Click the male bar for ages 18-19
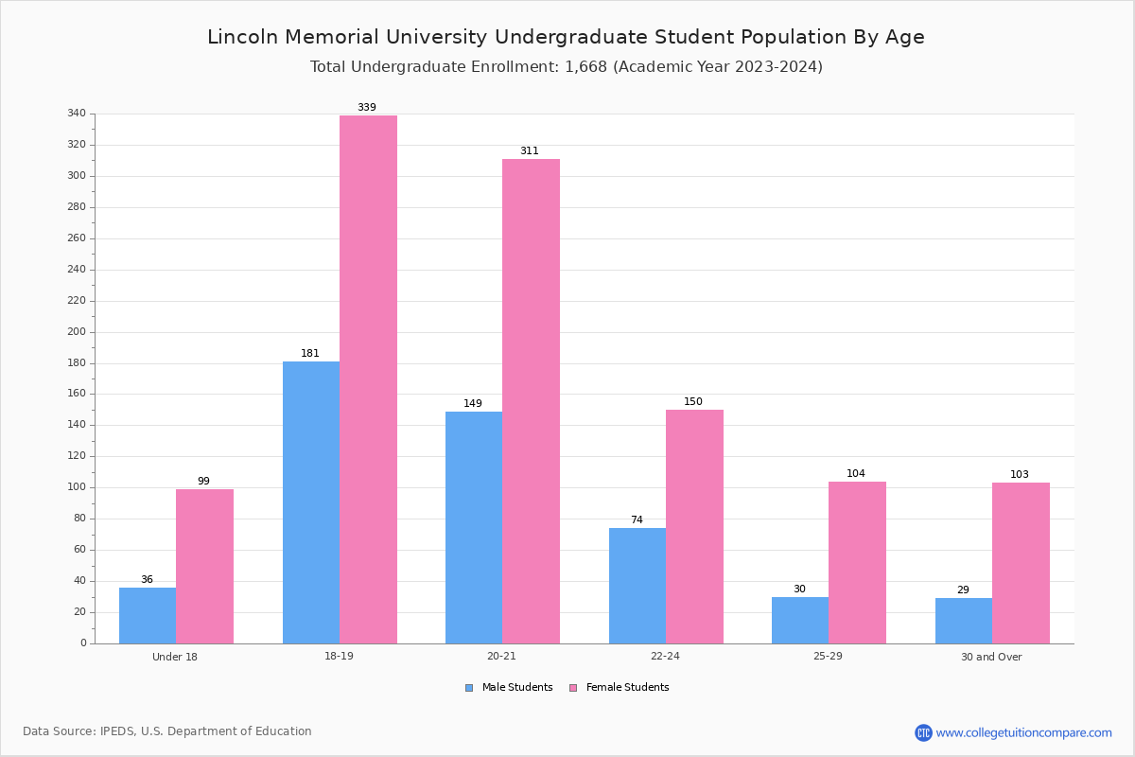311,502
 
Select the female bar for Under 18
204,567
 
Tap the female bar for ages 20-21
531,401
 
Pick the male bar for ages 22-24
637,586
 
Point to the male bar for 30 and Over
964,621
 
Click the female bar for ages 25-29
857,563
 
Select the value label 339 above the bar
367,107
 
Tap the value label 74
637,519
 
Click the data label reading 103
1020,474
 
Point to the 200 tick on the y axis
77,331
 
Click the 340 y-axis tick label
77,113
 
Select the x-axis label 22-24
665,656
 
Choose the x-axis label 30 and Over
991,657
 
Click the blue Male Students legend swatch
469,688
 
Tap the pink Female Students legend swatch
573,688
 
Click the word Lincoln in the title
243,37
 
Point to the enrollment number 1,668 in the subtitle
585,67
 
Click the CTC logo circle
923,732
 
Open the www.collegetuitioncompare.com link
1023,732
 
